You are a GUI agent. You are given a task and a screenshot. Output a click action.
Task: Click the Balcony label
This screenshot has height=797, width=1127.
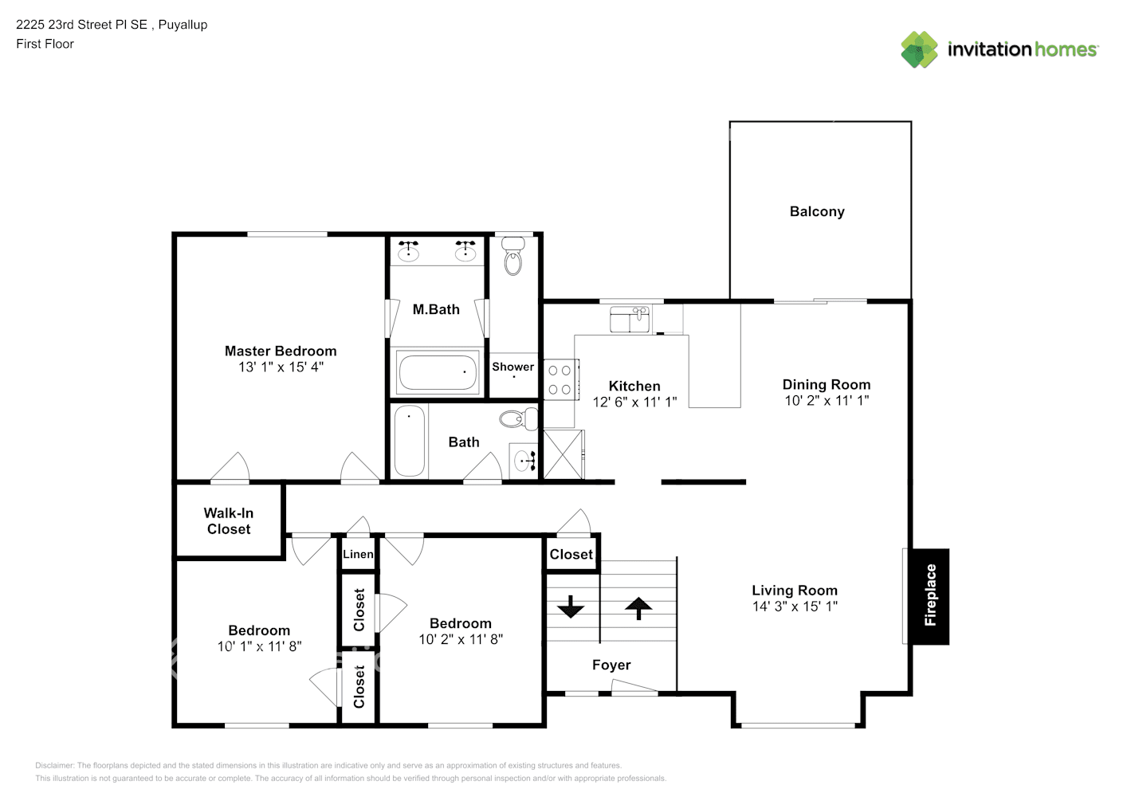coord(817,211)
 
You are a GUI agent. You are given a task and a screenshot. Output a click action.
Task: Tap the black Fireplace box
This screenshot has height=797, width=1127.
coord(929,596)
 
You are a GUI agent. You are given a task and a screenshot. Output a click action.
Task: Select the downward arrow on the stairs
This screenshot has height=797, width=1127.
coord(571,607)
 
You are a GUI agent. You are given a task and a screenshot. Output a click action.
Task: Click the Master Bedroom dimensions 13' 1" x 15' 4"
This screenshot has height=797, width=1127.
coord(281,367)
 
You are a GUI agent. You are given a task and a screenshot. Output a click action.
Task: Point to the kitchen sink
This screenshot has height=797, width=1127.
coord(630,320)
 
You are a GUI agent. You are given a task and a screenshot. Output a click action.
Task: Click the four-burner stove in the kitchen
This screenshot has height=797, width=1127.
coord(560,380)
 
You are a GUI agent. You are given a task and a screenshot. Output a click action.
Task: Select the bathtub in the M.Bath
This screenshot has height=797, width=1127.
coord(438,372)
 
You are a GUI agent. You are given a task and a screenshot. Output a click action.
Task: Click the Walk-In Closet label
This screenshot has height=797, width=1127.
coord(229,521)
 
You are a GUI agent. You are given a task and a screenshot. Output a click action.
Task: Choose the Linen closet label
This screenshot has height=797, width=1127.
coord(358,555)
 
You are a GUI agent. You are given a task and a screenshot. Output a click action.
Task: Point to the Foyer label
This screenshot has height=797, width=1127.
coord(611,665)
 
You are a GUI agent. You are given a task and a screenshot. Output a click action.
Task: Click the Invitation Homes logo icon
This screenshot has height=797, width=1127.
coord(919,49)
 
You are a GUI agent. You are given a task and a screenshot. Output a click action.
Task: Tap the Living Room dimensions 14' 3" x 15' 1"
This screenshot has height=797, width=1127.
coord(795,607)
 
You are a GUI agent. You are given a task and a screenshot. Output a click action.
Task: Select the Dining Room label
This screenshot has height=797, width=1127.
coord(827,384)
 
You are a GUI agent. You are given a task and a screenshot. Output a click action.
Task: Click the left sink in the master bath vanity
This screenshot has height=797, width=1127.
coord(409,252)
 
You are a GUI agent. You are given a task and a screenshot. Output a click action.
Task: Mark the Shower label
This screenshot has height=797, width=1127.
coord(512,367)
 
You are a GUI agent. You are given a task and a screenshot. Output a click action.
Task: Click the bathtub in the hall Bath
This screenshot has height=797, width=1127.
coord(410,442)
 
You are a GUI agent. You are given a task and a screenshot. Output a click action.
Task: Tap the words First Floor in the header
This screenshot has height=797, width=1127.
coord(45,44)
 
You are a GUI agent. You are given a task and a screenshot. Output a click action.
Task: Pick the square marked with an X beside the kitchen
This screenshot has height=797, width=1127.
coord(563,455)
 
